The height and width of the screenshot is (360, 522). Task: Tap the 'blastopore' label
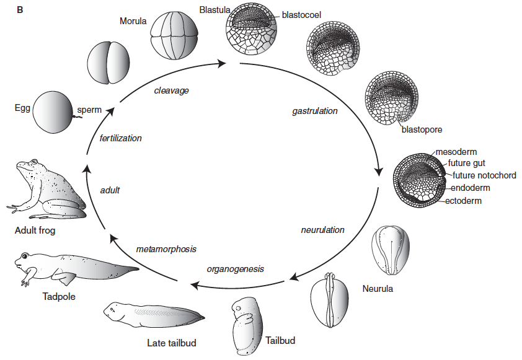click(x=422, y=130)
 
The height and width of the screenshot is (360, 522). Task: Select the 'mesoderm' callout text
click(x=456, y=152)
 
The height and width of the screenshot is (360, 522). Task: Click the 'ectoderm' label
click(x=463, y=201)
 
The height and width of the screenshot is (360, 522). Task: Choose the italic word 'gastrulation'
click(x=315, y=111)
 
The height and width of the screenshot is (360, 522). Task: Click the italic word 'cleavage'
click(x=171, y=90)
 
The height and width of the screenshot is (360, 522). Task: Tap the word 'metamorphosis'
click(x=166, y=249)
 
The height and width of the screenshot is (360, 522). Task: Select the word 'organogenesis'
click(x=235, y=269)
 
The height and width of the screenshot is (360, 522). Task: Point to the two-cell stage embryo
click(x=109, y=63)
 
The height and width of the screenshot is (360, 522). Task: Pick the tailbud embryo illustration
click(x=247, y=326)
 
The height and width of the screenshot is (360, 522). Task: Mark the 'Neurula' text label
click(x=378, y=289)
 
